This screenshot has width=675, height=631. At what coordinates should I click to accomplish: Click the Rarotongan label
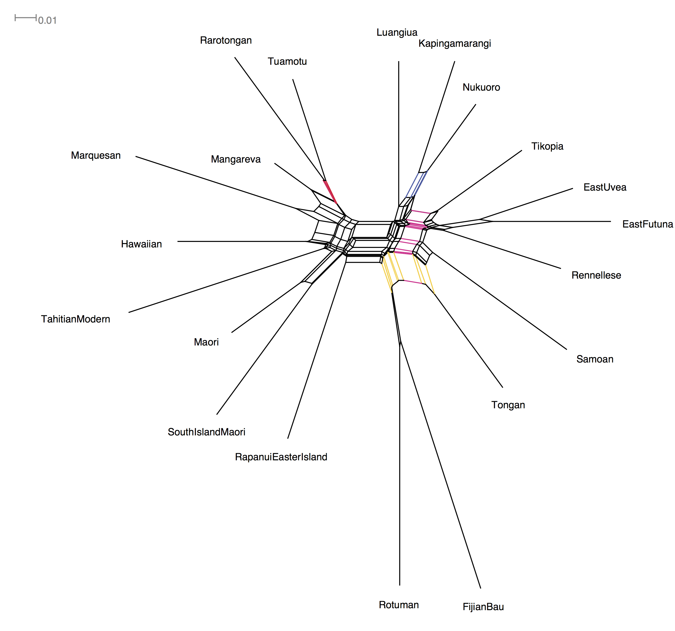pyautogui.click(x=226, y=41)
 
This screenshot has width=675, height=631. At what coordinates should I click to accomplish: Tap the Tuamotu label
pyautogui.click(x=287, y=61)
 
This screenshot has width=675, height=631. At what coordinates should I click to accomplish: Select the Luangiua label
pyautogui.click(x=397, y=33)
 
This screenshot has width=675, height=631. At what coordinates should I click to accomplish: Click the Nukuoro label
pyautogui.click(x=481, y=88)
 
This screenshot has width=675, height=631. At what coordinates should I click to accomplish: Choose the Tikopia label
pyautogui.click(x=547, y=146)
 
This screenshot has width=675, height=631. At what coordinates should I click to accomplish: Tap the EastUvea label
pyautogui.click(x=605, y=187)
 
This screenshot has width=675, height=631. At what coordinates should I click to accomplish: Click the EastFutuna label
pyautogui.click(x=647, y=224)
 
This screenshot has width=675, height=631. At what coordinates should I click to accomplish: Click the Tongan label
pyautogui.click(x=508, y=405)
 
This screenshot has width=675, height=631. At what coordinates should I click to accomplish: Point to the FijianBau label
pyautogui.click(x=483, y=607)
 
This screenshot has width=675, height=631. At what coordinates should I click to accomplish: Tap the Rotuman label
pyautogui.click(x=399, y=605)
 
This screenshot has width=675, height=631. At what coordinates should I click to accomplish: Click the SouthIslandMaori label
pyautogui.click(x=206, y=432)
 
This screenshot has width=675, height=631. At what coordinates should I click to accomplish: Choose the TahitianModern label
pyautogui.click(x=75, y=319)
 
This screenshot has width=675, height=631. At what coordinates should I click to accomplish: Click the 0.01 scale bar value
pyautogui.click(x=47, y=21)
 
